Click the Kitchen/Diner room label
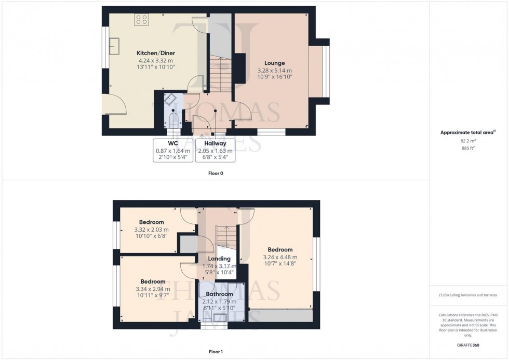[x=155, y=53]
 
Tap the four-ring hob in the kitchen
[x=141, y=20]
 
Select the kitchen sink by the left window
[x=114, y=46]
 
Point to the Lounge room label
[x=275, y=63]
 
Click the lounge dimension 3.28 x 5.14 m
[x=275, y=70]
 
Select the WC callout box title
[x=173, y=143]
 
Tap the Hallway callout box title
[x=215, y=143]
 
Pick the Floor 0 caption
[x=215, y=173]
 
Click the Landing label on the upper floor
[x=219, y=259]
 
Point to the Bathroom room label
[x=219, y=294]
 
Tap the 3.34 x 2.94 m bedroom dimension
[x=152, y=289]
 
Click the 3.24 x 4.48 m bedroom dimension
[x=280, y=257]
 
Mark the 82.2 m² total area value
[x=468, y=141]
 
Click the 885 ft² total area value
[x=468, y=148]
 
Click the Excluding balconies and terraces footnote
[x=468, y=295]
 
